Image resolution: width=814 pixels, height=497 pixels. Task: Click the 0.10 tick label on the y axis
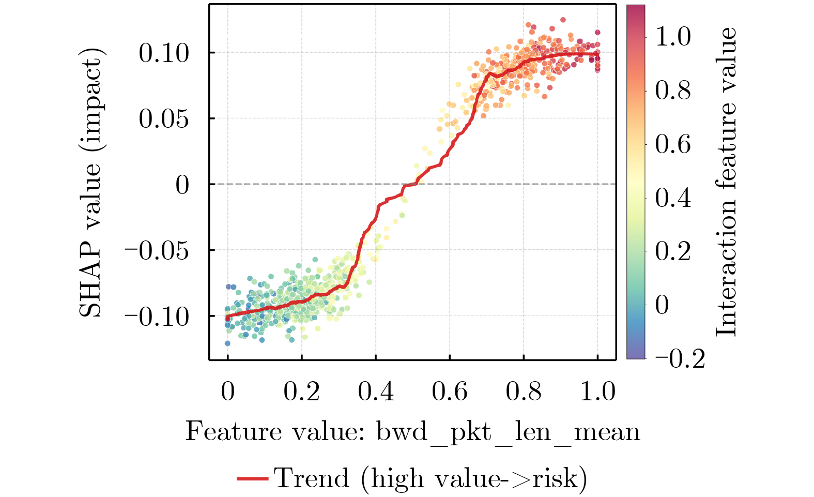click(164, 53)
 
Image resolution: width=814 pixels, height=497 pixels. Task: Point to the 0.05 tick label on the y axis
click(164, 118)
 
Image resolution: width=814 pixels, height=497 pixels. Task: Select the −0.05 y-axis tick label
click(157, 250)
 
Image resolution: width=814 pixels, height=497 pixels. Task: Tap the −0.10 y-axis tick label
click(157, 316)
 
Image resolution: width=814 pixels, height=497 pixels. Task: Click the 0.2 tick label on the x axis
click(302, 391)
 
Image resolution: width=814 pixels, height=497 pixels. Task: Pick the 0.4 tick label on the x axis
click(376, 391)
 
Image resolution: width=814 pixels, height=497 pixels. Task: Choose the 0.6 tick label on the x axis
click(450, 391)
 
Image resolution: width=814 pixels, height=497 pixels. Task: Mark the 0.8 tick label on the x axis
click(524, 391)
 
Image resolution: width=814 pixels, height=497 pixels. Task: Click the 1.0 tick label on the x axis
click(598, 391)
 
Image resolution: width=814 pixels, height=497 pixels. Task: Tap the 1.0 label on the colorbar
click(673, 37)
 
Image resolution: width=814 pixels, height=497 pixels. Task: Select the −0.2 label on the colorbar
click(680, 358)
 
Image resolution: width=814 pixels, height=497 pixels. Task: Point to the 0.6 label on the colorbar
click(673, 144)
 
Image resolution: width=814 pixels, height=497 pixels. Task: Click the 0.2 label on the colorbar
click(673, 251)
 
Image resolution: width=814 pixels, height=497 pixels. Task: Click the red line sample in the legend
click(252, 479)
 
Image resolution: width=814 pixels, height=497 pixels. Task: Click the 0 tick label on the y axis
click(182, 185)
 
